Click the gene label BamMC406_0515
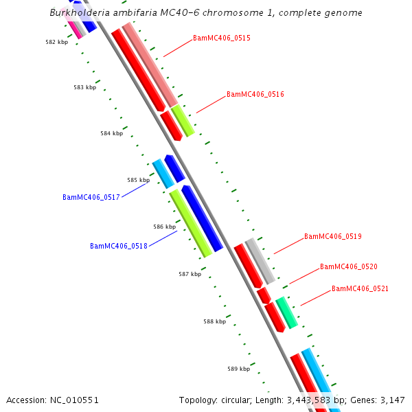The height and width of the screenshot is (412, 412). (x=221, y=38)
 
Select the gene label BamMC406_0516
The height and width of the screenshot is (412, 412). (x=255, y=94)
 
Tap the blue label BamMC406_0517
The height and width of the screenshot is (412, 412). (x=91, y=197)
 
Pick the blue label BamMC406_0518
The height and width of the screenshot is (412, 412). (x=119, y=246)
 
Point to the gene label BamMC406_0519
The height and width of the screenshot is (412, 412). (x=332, y=236)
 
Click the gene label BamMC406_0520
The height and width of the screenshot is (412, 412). (x=348, y=266)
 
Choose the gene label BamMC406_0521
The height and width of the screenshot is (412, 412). (x=360, y=288)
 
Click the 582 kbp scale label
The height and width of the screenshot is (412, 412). (x=57, y=42)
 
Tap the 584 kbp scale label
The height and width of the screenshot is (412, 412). (x=111, y=133)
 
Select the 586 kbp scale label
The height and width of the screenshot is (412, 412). (x=164, y=226)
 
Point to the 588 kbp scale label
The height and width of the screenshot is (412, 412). (x=214, y=321)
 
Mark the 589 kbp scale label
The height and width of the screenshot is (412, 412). (x=239, y=369)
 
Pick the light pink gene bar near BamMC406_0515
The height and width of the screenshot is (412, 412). (x=150, y=65)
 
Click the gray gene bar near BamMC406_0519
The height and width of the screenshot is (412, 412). (x=260, y=260)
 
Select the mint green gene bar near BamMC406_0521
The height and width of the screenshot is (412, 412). (x=286, y=312)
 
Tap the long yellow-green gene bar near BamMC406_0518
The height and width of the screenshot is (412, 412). (x=190, y=223)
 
